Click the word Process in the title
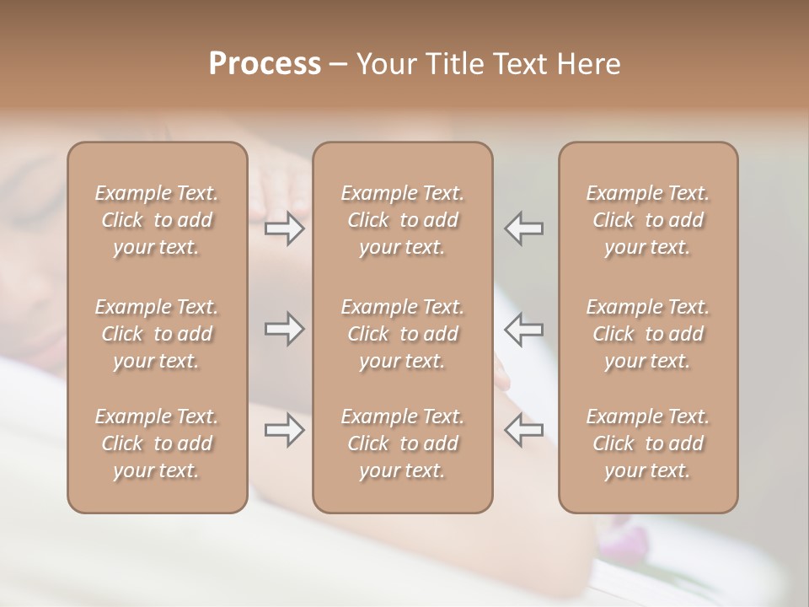(x=265, y=64)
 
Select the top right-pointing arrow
(x=285, y=228)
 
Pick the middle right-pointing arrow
(x=285, y=329)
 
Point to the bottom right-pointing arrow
(x=285, y=430)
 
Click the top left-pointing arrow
(x=524, y=228)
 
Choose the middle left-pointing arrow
(x=524, y=329)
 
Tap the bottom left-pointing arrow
(x=524, y=430)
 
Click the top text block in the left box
(x=157, y=220)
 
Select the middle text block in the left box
(x=157, y=334)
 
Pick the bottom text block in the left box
(x=157, y=443)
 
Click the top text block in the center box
(x=403, y=220)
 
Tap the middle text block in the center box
(x=403, y=334)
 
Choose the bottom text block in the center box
(x=403, y=443)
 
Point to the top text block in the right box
(x=648, y=220)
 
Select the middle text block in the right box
(x=648, y=334)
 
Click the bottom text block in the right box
(x=648, y=443)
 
